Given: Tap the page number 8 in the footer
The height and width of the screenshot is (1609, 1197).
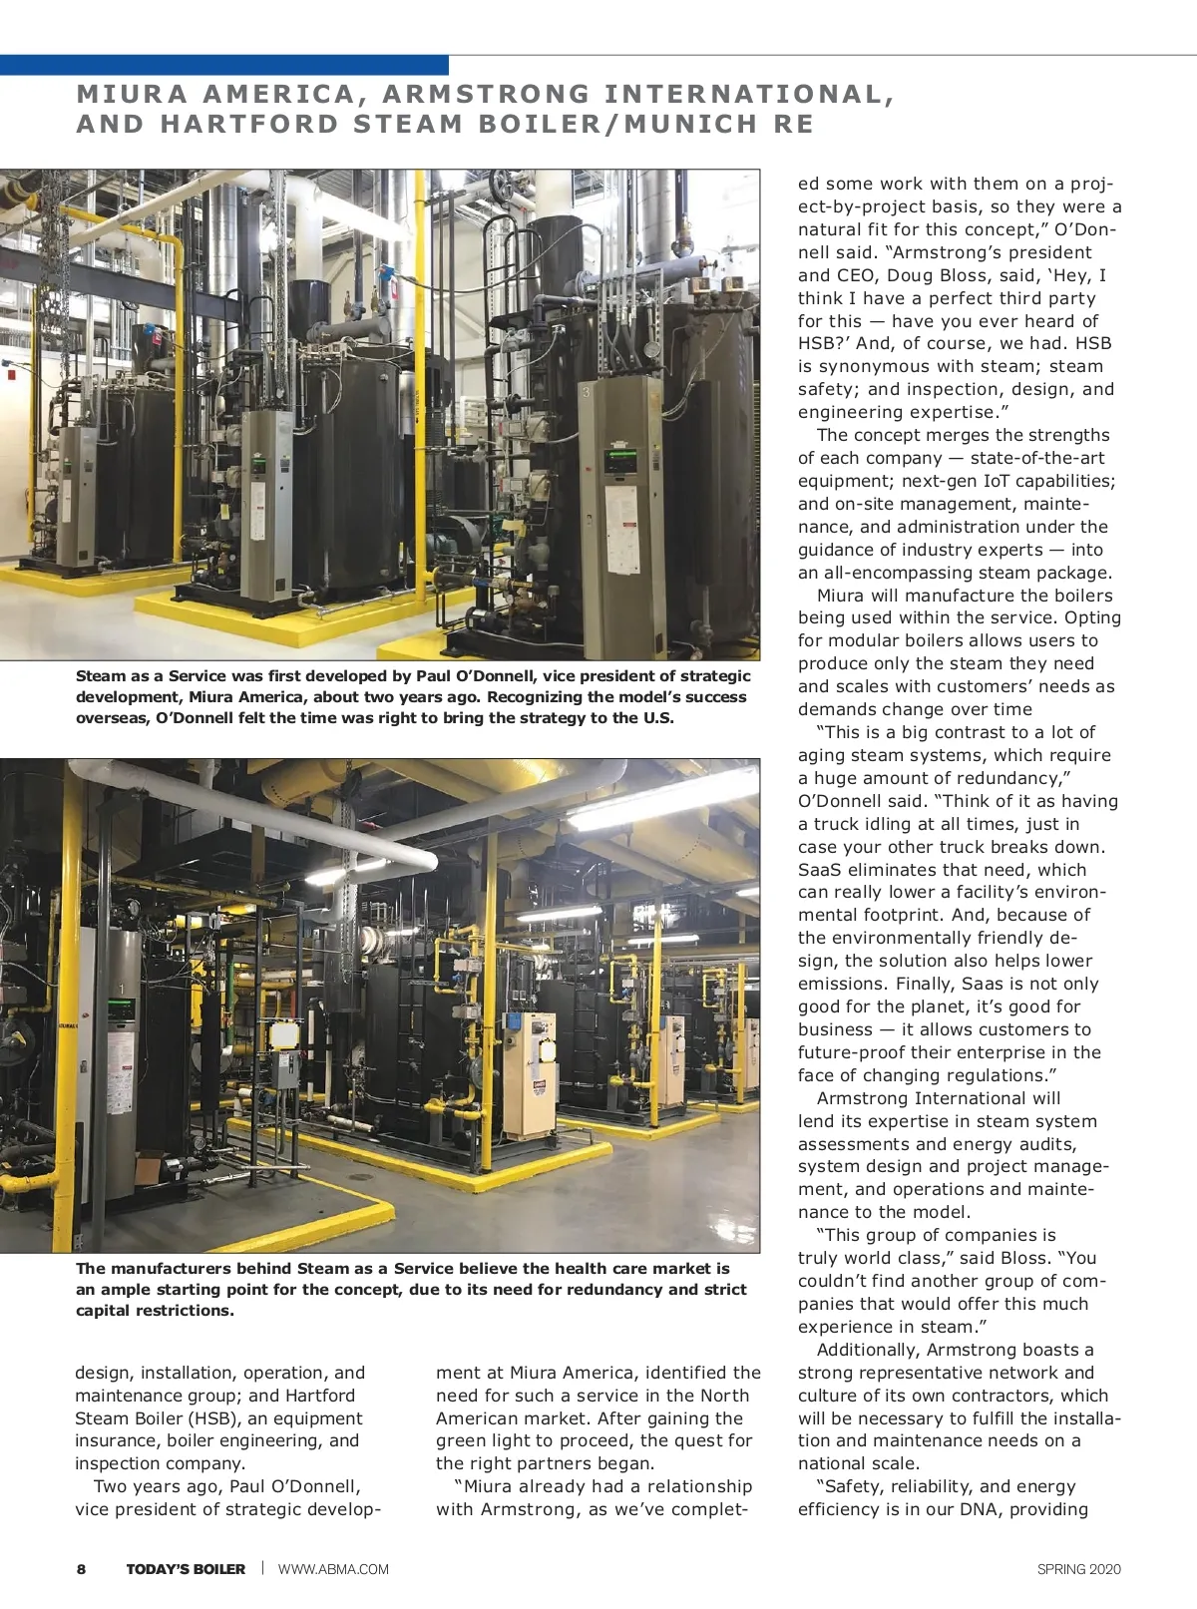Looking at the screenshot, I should point(82,1569).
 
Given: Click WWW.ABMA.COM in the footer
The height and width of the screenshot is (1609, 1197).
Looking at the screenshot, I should point(333,1569).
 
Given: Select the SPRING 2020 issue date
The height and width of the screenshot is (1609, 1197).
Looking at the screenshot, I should point(1078,1569).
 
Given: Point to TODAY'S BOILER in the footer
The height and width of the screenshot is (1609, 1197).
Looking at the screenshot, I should point(186,1569).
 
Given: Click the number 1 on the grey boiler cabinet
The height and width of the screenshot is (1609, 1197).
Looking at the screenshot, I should point(122,991).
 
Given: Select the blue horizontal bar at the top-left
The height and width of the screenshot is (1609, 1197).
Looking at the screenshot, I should point(223,65).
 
